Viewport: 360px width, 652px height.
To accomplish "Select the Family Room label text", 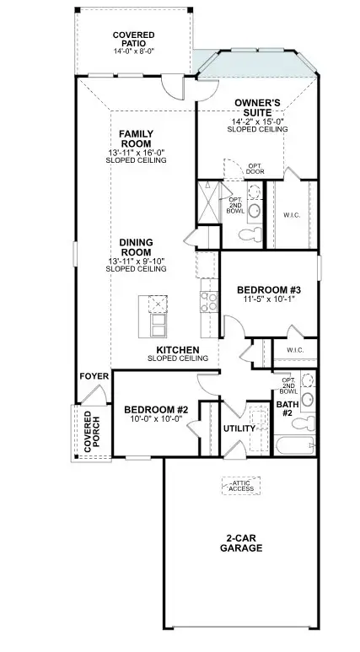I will click(x=135, y=138).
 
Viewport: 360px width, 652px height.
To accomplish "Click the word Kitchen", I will click(x=177, y=349).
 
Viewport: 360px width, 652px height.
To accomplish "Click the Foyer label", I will click(x=94, y=376).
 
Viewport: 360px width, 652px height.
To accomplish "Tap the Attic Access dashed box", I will click(x=242, y=486).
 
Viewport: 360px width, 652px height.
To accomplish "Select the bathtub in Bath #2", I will click(x=294, y=446).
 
